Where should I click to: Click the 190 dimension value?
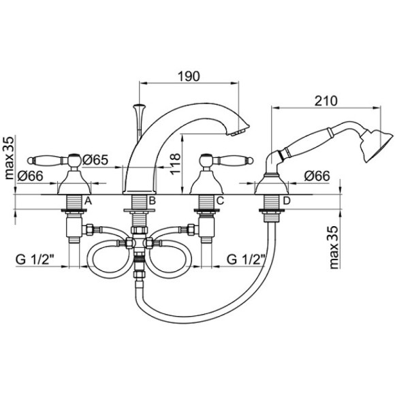[x=189, y=76]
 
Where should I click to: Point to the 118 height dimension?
[x=175, y=163]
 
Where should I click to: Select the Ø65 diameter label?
[x=95, y=160]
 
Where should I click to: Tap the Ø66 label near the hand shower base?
[x=317, y=176]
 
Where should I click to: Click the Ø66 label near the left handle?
[x=31, y=176]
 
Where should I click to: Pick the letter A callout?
[x=87, y=201]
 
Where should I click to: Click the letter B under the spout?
[x=152, y=201]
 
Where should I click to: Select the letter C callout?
[x=220, y=201]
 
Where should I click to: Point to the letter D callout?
[x=287, y=201]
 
